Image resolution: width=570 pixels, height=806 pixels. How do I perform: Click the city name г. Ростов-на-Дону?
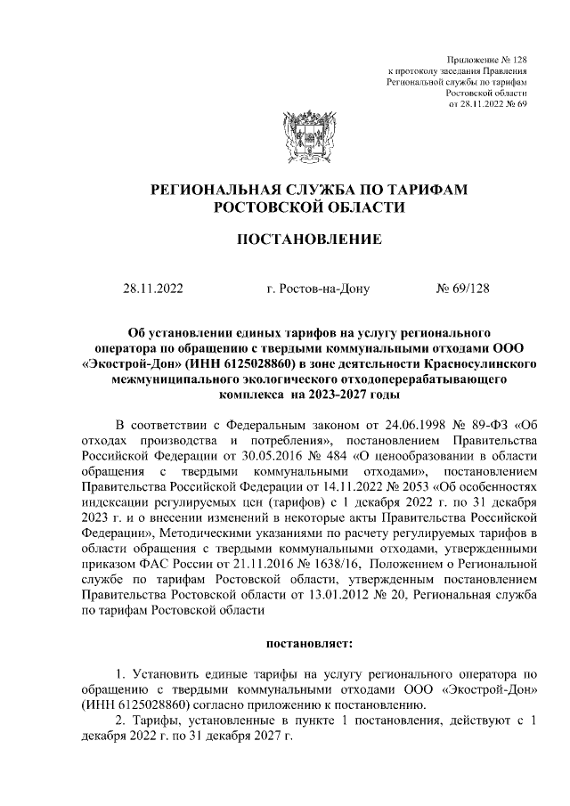click(x=317, y=289)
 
